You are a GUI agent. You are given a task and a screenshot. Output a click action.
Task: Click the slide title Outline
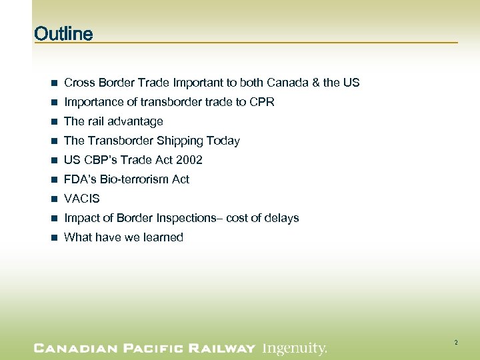pyautogui.click(x=63, y=33)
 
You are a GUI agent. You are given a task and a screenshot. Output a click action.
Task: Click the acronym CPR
pyautogui.click(x=261, y=102)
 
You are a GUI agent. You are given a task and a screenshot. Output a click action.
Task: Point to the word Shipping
pyautogui.click(x=181, y=141)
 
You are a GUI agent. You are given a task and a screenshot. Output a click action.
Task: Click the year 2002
pyautogui.click(x=189, y=160)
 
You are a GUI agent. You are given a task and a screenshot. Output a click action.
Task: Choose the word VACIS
pyautogui.click(x=81, y=199)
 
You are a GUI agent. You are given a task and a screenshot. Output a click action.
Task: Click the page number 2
pyautogui.click(x=456, y=343)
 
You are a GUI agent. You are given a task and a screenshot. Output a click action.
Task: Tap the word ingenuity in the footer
pyautogui.click(x=294, y=348)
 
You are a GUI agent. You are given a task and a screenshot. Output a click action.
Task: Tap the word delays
pyautogui.click(x=282, y=218)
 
